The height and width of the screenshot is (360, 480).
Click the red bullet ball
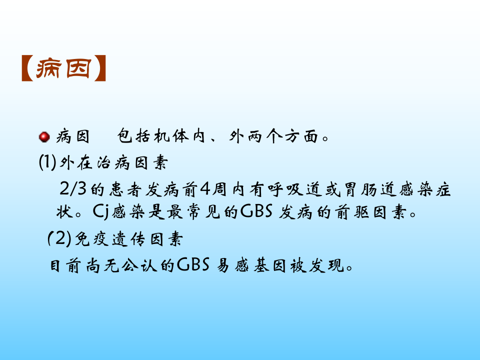click(x=44, y=136)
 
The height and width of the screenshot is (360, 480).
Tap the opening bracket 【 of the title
click(x=27, y=69)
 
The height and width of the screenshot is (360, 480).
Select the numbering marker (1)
click(x=47, y=162)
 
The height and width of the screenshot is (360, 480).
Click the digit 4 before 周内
click(x=205, y=190)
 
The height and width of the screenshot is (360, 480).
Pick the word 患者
click(x=124, y=190)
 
